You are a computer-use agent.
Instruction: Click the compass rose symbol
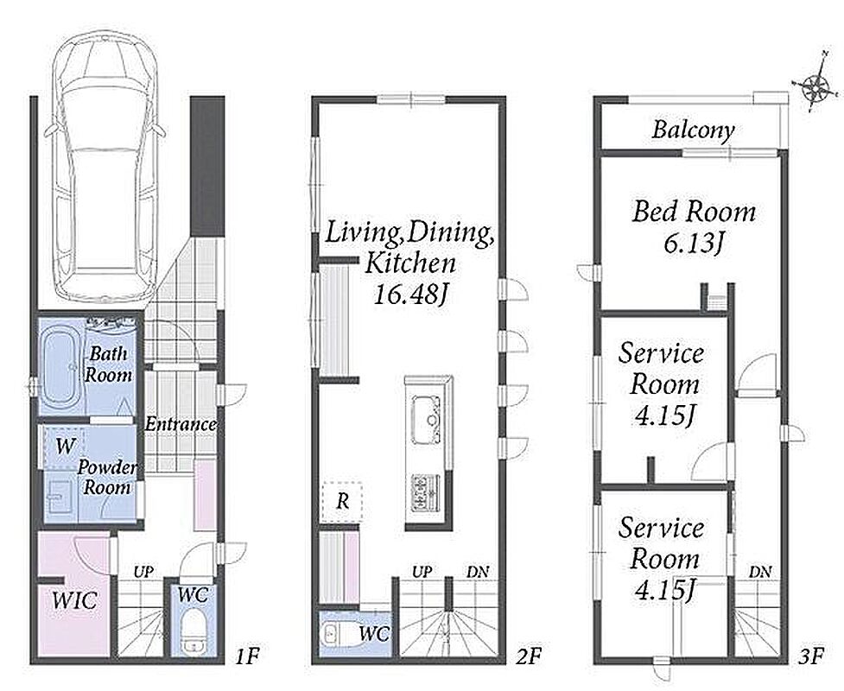[816, 84]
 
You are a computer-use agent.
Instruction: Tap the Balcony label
[694, 130]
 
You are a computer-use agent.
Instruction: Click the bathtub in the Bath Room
[62, 368]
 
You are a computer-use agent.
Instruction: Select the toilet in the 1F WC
[192, 631]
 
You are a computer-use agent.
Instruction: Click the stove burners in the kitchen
[426, 492]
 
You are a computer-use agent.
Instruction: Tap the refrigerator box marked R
[342, 502]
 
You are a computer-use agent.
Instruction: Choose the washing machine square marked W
[64, 446]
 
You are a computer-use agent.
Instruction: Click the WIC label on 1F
[75, 600]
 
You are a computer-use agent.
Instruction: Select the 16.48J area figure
[410, 295]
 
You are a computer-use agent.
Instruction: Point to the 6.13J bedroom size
[694, 244]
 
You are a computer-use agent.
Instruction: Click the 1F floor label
[248, 656]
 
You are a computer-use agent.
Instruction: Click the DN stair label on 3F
[760, 572]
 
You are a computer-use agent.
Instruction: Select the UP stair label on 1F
[143, 572]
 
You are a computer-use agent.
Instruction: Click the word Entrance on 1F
[181, 424]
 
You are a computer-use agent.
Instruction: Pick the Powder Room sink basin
[56, 495]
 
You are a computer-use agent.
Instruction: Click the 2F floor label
[528, 656]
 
